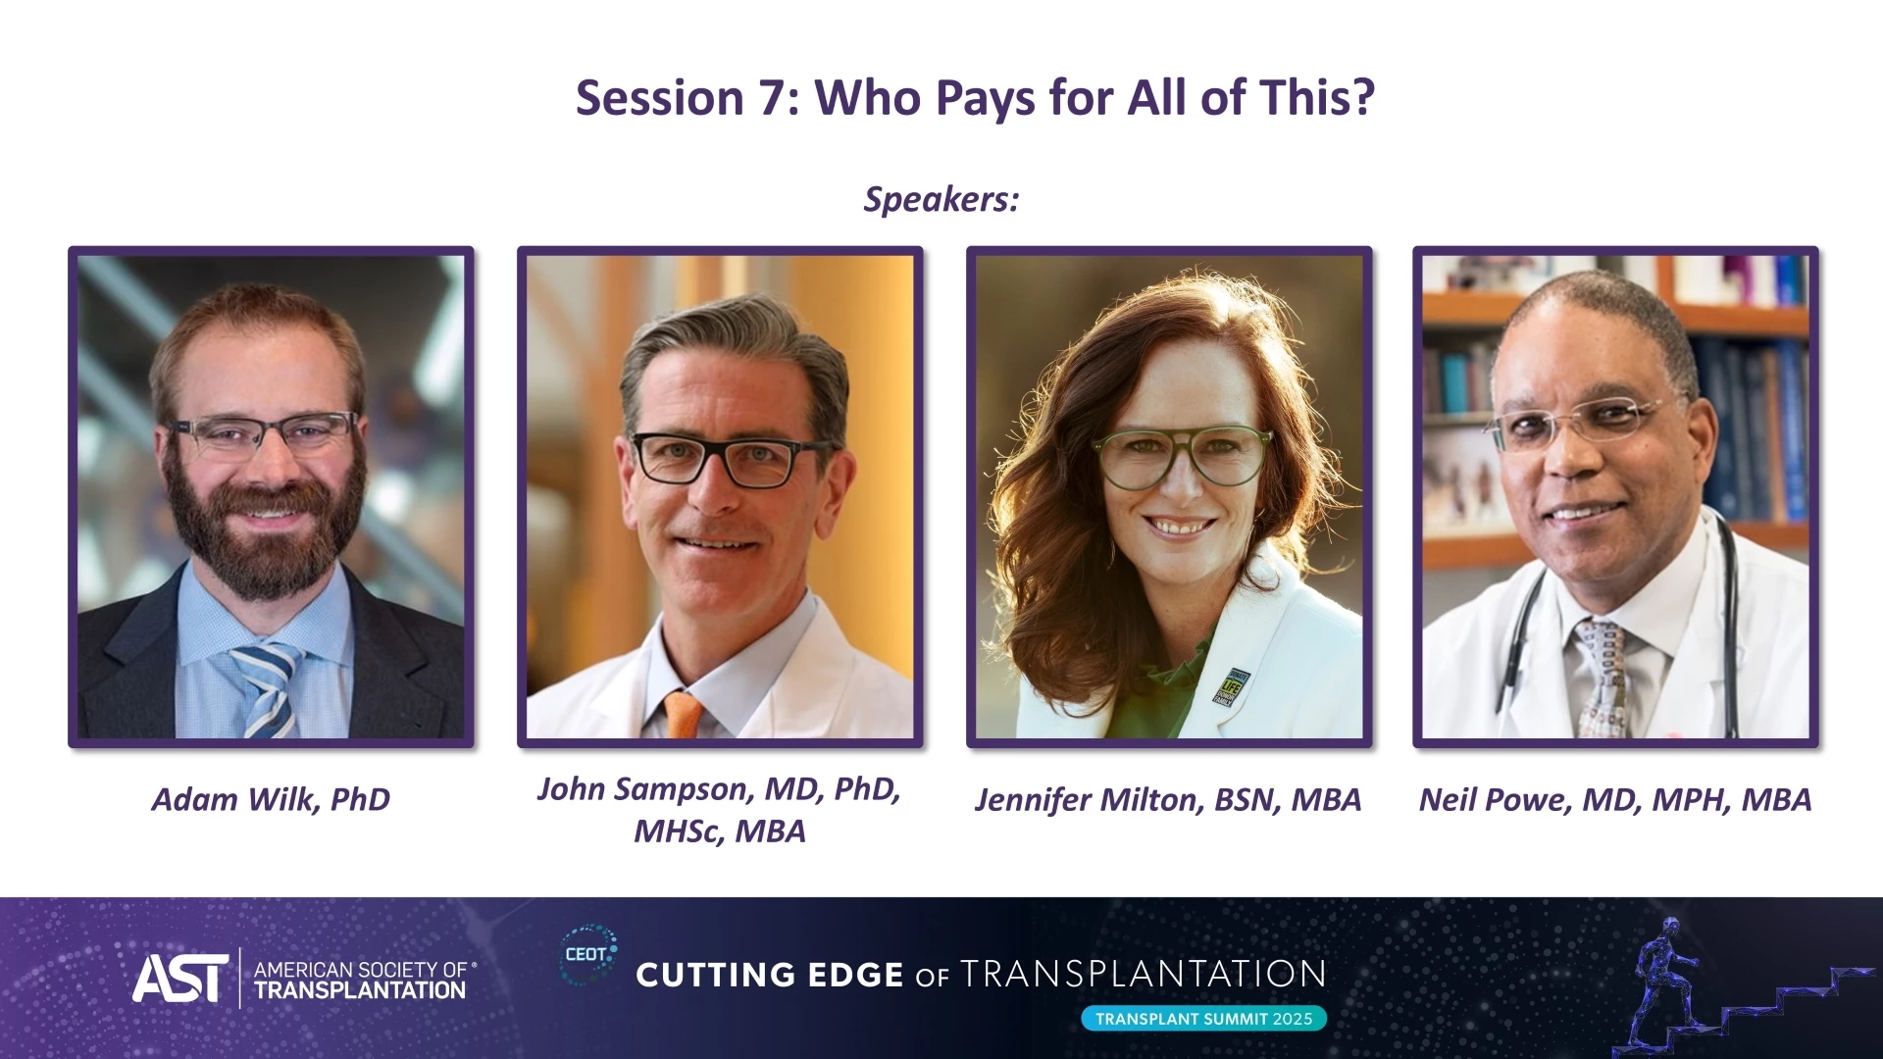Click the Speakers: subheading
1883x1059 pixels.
(x=941, y=199)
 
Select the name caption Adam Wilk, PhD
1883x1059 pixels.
(x=271, y=800)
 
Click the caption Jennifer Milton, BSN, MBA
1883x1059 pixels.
(x=1168, y=800)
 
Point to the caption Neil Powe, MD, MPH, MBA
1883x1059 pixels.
(x=1615, y=800)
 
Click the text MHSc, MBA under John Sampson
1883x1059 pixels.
(x=720, y=832)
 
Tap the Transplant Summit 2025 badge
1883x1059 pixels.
(x=1204, y=1019)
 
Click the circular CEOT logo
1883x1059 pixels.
(x=588, y=954)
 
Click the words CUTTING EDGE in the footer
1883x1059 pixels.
(x=770, y=975)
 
